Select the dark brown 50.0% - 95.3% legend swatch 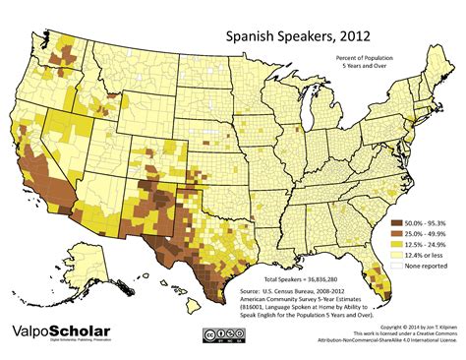(x=398, y=223)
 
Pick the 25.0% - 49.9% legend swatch (x=398, y=234)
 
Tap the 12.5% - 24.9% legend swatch (x=398, y=245)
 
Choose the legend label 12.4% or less (x=429, y=256)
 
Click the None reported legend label (x=430, y=267)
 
